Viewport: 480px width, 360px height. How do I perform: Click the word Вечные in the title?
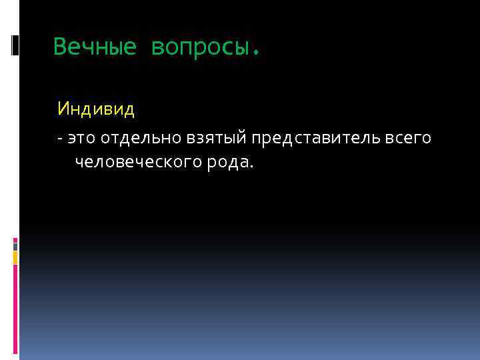[95, 47]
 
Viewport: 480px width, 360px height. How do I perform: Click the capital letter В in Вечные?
[60, 47]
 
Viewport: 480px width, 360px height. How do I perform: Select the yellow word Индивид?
[96, 108]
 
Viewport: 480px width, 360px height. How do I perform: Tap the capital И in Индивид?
[63, 108]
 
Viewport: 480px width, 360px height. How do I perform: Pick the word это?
[79, 138]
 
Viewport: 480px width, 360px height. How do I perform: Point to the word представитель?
[317, 138]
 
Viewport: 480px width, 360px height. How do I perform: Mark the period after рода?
[251, 167]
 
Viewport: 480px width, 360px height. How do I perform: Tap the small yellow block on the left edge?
[15, 258]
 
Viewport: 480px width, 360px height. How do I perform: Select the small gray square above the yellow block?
[15, 245]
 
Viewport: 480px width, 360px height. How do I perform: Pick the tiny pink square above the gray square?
[15, 238]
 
